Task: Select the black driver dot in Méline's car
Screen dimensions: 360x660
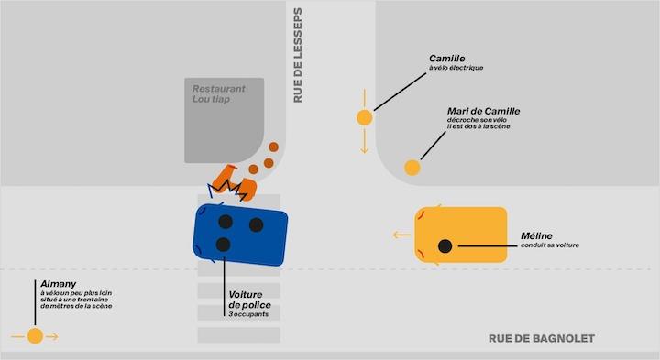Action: [445, 245]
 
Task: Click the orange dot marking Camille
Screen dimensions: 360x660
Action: [364, 117]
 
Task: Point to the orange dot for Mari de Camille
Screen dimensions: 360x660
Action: [412, 167]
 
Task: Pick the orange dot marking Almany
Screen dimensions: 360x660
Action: [35, 336]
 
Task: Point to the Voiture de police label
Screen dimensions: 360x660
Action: [249, 300]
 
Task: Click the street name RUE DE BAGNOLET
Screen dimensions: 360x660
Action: [541, 339]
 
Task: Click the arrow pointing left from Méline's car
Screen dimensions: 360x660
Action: [401, 235]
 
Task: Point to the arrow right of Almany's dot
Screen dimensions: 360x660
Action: [52, 336]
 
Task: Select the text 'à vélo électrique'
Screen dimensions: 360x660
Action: [456, 70]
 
